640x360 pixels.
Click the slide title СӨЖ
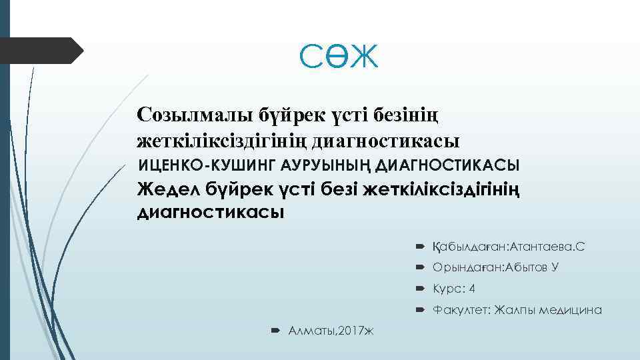click(x=339, y=57)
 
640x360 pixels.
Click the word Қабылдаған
click(x=469, y=247)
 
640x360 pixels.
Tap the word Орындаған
click(x=469, y=267)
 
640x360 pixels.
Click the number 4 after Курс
click(x=472, y=289)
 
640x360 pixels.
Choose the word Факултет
click(x=461, y=310)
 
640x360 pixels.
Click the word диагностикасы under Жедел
click(x=210, y=213)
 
